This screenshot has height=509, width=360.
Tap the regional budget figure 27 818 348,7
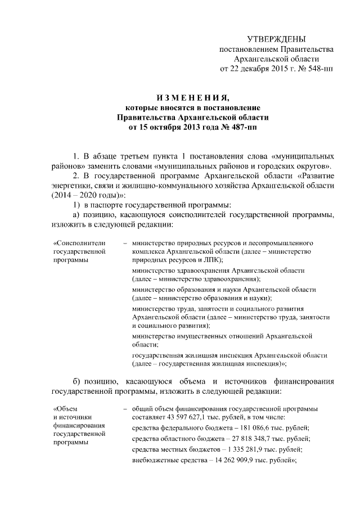tap(245, 438)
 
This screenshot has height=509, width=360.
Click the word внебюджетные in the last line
tap(153, 460)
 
